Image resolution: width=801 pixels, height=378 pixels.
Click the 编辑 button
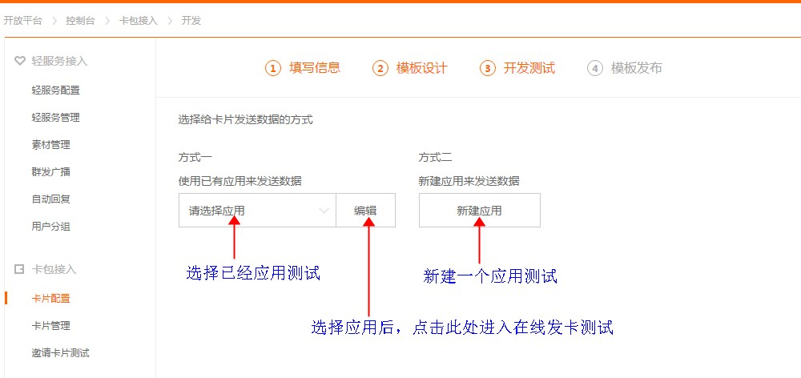(x=365, y=211)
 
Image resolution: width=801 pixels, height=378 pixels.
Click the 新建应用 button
(x=479, y=211)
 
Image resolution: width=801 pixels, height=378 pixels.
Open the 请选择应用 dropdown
(x=257, y=211)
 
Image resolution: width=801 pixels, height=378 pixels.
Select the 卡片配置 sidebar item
(x=50, y=299)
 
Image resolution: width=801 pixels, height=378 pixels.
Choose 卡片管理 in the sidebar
(x=50, y=326)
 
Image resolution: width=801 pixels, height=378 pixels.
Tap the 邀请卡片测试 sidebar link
(x=60, y=353)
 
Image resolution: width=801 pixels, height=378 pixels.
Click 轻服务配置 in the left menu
(x=55, y=90)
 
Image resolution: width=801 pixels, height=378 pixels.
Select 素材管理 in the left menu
(x=50, y=145)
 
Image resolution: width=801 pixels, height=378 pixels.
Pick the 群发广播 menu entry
(x=50, y=172)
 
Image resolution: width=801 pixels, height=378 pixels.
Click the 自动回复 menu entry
(x=50, y=199)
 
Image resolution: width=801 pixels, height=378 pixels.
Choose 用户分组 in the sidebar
(x=50, y=227)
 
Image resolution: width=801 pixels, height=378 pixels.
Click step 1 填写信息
(x=304, y=68)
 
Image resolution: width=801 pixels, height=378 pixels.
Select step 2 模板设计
(x=410, y=68)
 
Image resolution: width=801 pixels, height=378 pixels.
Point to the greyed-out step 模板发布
(x=625, y=68)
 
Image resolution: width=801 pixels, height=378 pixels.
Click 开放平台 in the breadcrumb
(x=22, y=20)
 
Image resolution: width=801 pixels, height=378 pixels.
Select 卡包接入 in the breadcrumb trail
(x=138, y=20)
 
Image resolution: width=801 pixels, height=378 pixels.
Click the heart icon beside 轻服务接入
(x=19, y=61)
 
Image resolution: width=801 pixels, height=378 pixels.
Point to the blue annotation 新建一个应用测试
(x=490, y=277)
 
